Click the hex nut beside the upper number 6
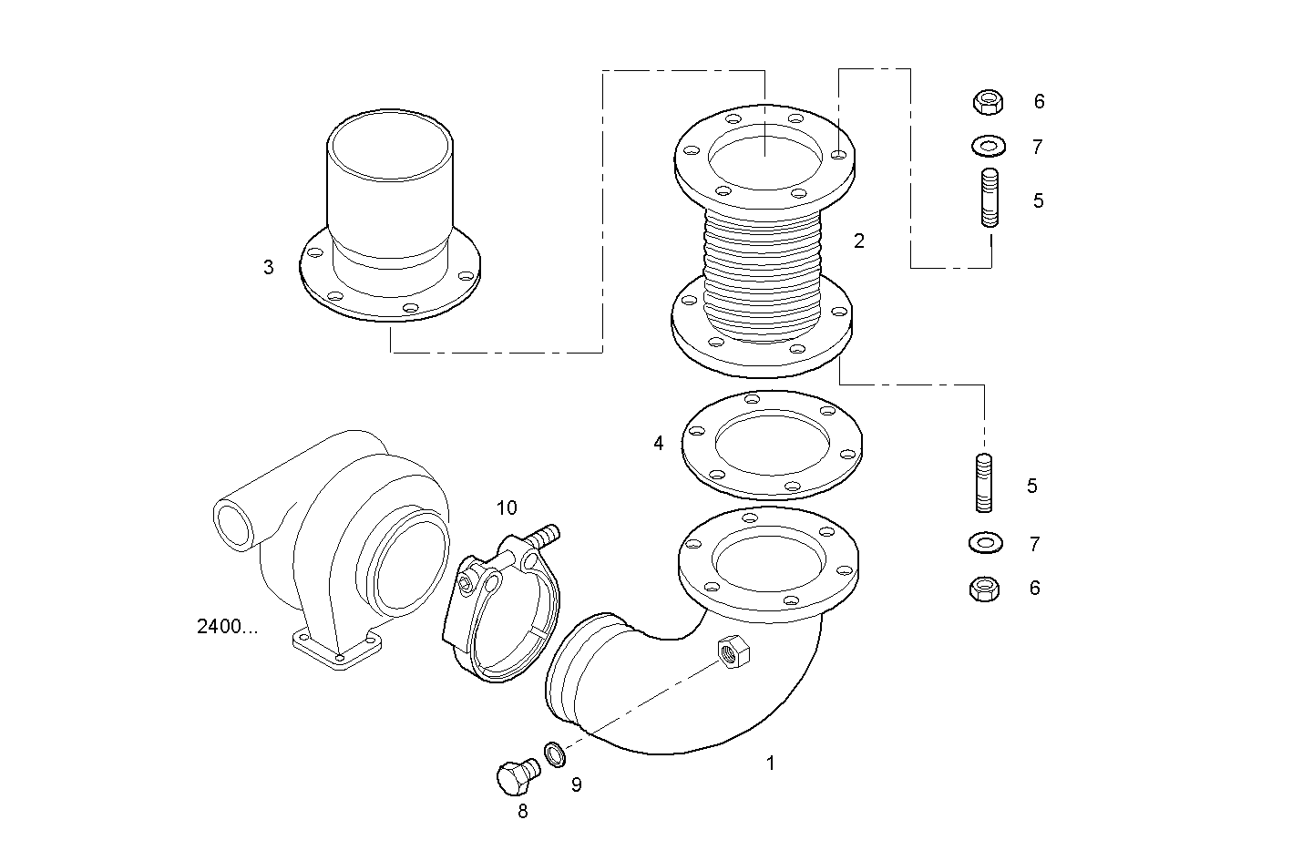[x=988, y=101]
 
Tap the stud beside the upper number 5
[x=990, y=198]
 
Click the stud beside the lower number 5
[x=984, y=483]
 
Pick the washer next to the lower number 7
[x=984, y=543]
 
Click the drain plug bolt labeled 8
[x=516, y=776]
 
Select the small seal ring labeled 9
[x=554, y=753]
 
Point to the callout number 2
[x=858, y=241]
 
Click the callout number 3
[x=268, y=268]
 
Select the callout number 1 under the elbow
[x=770, y=764]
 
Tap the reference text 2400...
[x=227, y=627]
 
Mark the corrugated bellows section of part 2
[x=764, y=273]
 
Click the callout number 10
[x=507, y=507]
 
